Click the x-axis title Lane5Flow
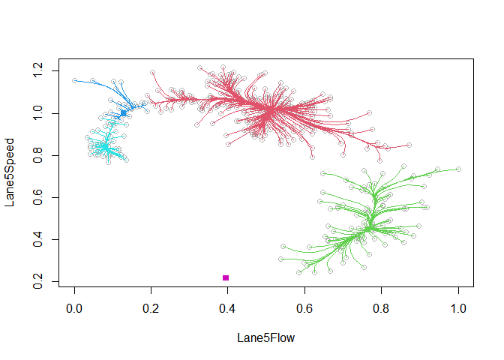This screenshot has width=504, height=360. (265, 338)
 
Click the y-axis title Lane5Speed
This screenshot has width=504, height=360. (10, 172)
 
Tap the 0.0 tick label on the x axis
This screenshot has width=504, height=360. (74, 308)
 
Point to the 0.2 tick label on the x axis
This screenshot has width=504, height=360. (151, 308)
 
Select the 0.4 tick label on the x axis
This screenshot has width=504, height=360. (228, 308)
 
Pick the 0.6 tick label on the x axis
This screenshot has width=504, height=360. (304, 308)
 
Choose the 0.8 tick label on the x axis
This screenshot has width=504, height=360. (382, 308)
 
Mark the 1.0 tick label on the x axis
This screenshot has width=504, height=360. (458, 308)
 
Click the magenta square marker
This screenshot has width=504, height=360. (226, 278)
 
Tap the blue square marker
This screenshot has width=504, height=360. (124, 113)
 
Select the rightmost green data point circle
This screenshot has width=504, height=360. (458, 169)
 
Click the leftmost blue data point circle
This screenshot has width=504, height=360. (74, 80)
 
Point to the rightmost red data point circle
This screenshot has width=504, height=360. (409, 145)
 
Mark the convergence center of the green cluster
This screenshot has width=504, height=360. (368, 227)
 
